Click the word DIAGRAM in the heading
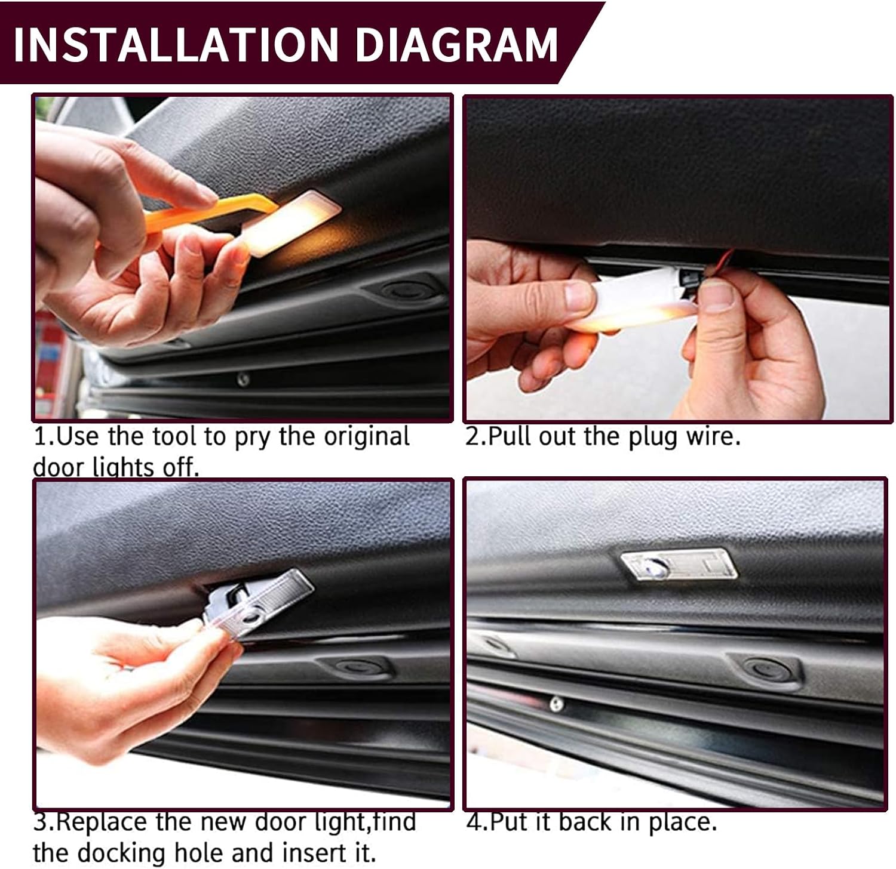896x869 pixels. click(456, 44)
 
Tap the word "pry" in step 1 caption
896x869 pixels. click(254, 437)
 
